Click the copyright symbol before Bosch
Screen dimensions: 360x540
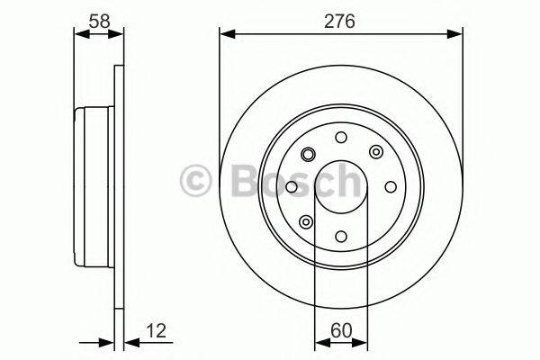[196, 180]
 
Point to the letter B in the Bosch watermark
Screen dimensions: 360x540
[235, 180]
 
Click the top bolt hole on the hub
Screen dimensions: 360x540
[341, 138]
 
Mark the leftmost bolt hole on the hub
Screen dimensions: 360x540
[292, 187]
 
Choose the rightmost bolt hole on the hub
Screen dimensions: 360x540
[391, 187]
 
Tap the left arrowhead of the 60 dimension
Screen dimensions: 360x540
[319, 342]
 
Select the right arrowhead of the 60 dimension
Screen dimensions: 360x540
[363, 342]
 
